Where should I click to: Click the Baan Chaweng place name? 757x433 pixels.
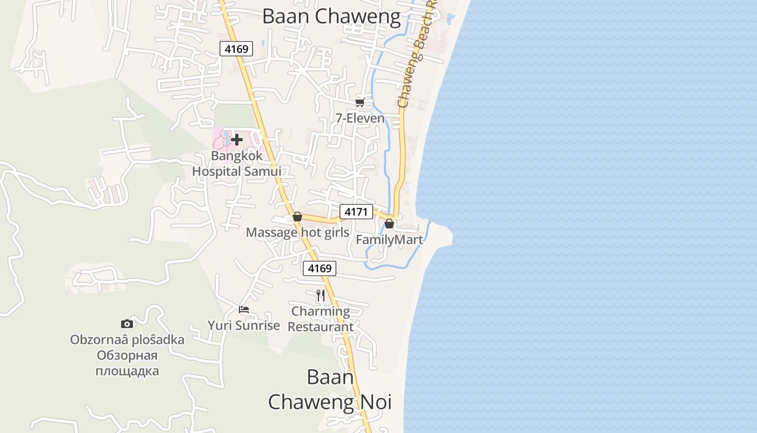click(331, 16)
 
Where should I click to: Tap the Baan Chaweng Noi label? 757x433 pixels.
click(330, 390)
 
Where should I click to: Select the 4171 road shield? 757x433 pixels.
click(356, 212)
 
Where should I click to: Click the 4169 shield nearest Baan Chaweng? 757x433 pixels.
click(236, 49)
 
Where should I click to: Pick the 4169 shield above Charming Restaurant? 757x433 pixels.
click(319, 268)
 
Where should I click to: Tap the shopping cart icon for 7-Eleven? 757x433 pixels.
click(360, 102)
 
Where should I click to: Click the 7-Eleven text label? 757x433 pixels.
click(360, 118)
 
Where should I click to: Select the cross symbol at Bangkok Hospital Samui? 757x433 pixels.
click(236, 140)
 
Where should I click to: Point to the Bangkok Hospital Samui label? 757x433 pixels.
click(236, 163)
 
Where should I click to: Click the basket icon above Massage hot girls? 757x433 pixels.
click(297, 217)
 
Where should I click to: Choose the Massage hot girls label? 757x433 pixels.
click(297, 232)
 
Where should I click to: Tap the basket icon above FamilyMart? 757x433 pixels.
click(389, 224)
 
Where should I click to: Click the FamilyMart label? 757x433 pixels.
click(389, 239)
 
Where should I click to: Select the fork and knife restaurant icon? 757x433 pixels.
click(321, 295)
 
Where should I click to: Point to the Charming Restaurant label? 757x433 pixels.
click(321, 319)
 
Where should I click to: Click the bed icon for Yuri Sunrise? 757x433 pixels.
click(244, 310)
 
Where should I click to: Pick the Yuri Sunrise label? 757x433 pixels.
click(244, 325)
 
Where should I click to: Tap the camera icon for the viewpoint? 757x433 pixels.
click(127, 324)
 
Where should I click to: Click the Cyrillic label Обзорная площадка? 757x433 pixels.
click(127, 363)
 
